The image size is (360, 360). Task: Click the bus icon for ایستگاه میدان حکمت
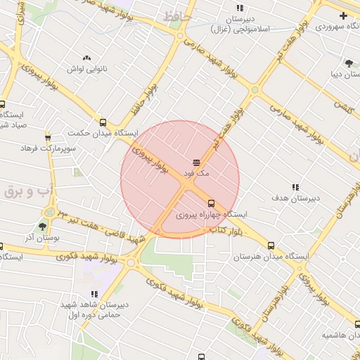[x=103, y=122]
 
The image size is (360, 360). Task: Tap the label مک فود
[x=196, y=172]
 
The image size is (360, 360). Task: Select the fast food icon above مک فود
[x=196, y=162]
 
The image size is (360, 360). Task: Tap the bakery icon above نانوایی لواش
[x=86, y=58]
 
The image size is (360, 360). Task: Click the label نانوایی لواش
[x=86, y=69]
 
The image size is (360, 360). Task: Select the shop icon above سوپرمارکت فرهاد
[x=48, y=137]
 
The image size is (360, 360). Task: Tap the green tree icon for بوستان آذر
[x=43, y=226]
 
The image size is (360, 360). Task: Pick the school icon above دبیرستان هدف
[x=295, y=188]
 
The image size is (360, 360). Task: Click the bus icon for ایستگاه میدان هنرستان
[x=271, y=246]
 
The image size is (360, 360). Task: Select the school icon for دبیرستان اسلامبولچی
[x=240, y=8]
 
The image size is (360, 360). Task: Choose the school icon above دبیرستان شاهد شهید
[x=94, y=294]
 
